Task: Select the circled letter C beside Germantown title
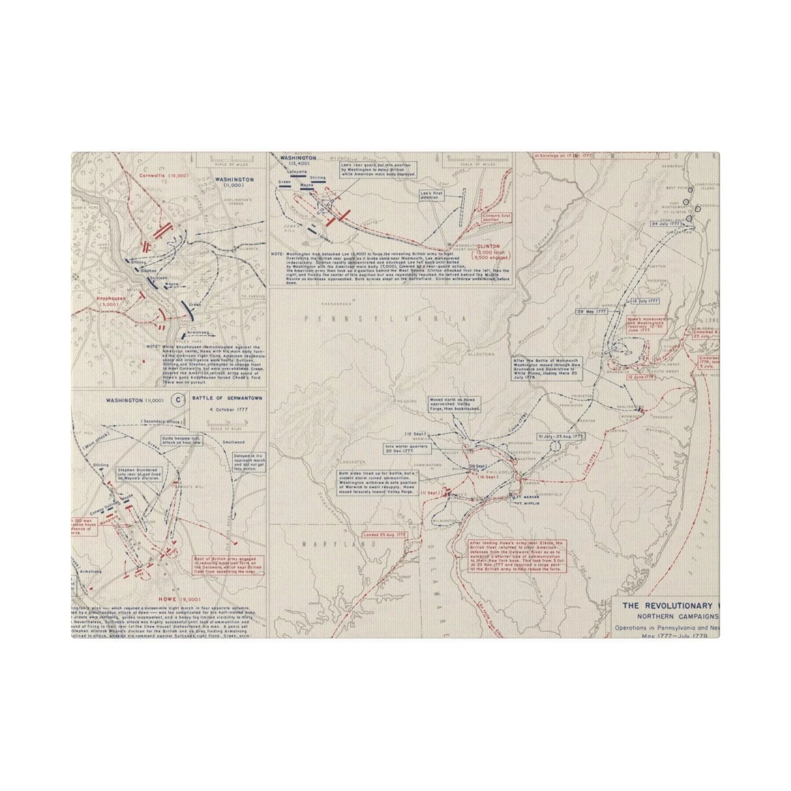point(178,400)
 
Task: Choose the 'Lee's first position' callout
point(431,195)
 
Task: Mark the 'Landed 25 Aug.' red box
point(390,533)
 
